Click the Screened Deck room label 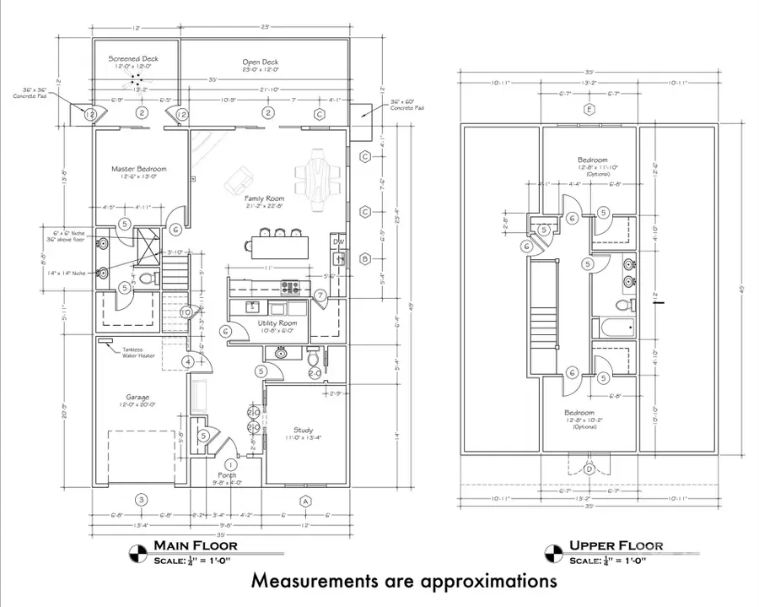point(133,59)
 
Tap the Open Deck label point(260,62)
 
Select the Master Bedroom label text point(139,169)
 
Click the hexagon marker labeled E point(591,109)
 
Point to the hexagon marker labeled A point(306,501)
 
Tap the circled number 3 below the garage point(142,501)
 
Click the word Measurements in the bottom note point(320,582)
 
